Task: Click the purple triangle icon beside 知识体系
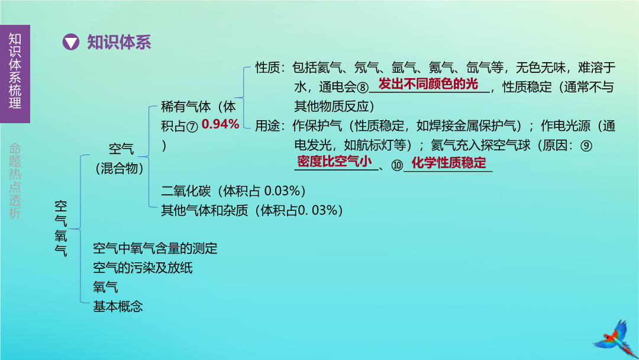71,42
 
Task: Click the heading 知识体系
119,43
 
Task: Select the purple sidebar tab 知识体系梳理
15,74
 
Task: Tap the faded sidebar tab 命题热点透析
15,181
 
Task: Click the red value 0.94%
220,124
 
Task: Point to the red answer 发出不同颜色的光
428,83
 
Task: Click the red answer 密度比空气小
334,162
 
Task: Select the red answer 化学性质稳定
448,163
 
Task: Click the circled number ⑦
192,126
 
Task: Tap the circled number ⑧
363,87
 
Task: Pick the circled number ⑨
586,146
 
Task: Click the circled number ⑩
397,165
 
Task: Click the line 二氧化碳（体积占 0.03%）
234,191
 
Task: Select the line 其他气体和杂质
204,210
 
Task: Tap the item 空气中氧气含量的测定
155,248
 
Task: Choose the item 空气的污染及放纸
143,268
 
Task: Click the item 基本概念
118,306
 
